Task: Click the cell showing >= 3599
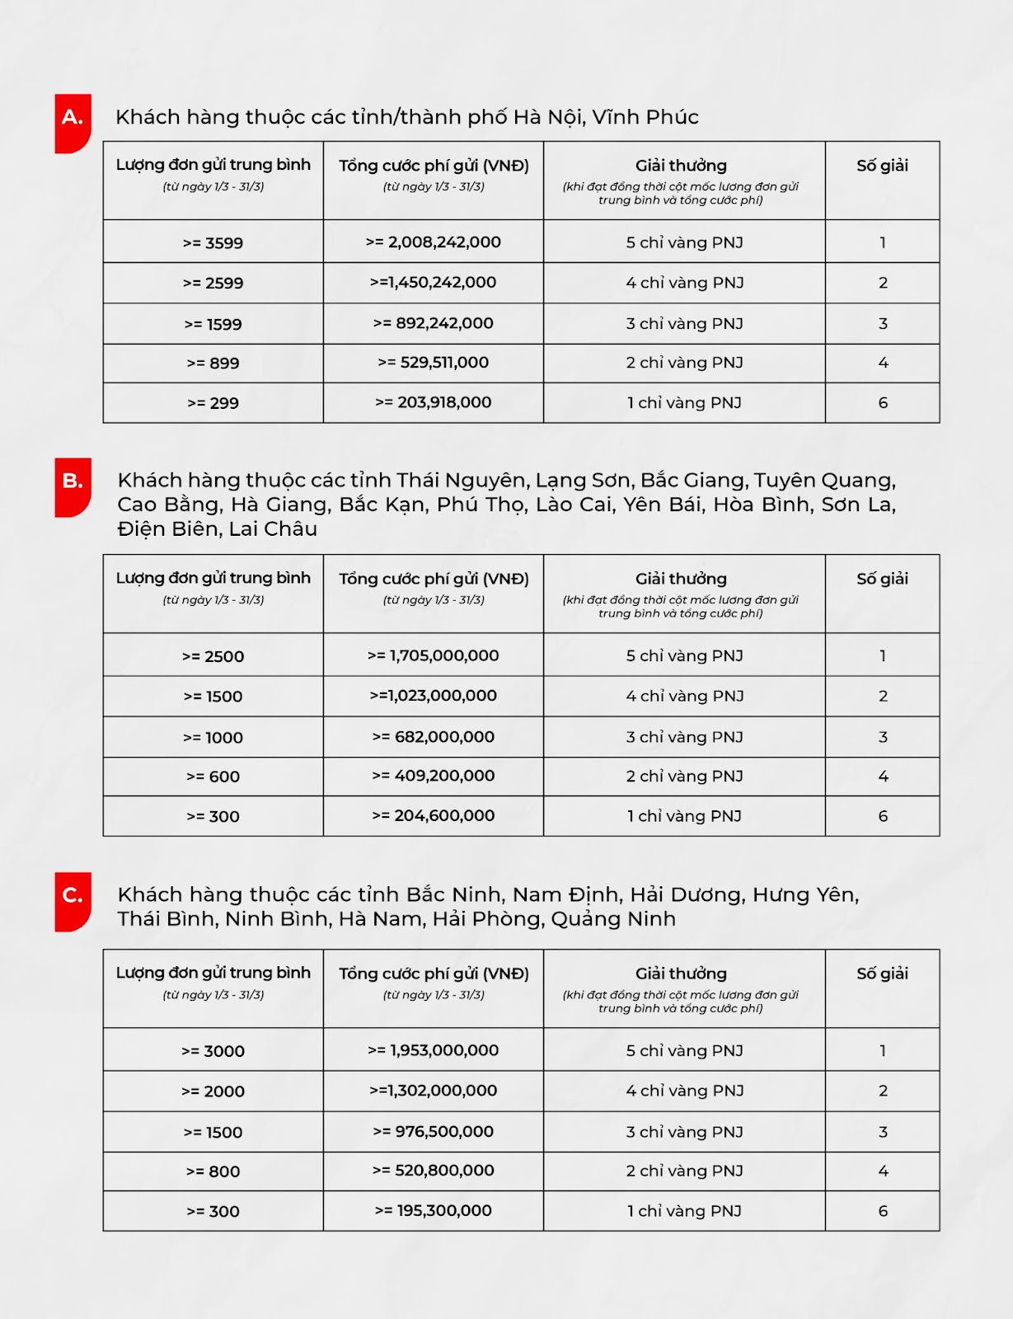click(x=213, y=243)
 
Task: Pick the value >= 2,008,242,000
click(x=434, y=242)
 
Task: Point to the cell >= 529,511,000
click(x=434, y=363)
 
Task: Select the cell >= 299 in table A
click(x=213, y=403)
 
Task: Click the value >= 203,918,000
click(x=434, y=402)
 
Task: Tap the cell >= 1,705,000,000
click(x=434, y=655)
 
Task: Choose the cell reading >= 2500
click(x=213, y=656)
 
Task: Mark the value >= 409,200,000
click(x=434, y=776)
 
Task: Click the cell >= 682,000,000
click(x=434, y=737)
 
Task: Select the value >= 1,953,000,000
click(x=434, y=1050)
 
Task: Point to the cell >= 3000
click(x=213, y=1051)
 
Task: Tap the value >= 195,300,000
click(x=434, y=1211)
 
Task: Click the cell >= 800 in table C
click(x=213, y=1171)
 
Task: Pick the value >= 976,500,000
click(x=434, y=1132)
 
